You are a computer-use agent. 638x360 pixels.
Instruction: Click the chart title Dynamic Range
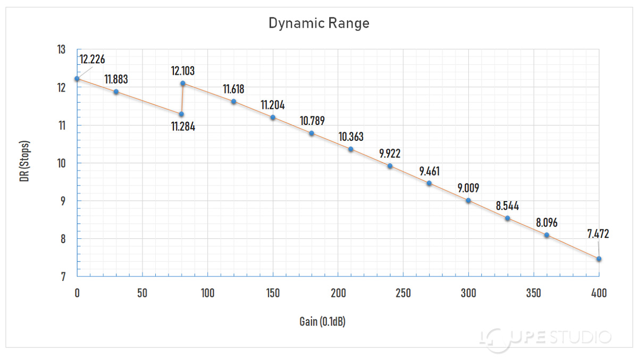click(x=318, y=24)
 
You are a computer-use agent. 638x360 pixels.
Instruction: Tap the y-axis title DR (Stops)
click(x=24, y=162)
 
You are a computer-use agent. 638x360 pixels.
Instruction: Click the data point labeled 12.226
click(x=77, y=79)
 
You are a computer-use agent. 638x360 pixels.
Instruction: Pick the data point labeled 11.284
click(x=181, y=114)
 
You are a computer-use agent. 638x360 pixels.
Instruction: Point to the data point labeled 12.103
click(x=183, y=83)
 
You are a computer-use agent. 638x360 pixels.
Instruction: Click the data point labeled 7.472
click(x=599, y=259)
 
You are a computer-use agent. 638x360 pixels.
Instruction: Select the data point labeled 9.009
click(x=468, y=200)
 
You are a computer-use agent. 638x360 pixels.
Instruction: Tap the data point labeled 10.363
click(x=351, y=149)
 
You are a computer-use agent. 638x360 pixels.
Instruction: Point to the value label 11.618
click(x=233, y=89)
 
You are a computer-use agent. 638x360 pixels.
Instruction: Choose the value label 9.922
click(x=390, y=154)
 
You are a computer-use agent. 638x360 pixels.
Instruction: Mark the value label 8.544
click(x=507, y=206)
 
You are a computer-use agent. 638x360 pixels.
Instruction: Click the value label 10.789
click(x=312, y=121)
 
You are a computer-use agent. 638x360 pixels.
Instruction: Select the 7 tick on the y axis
click(x=63, y=277)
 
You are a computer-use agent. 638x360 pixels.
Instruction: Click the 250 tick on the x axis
click(x=403, y=293)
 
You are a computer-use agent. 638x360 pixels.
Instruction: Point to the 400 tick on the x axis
click(x=599, y=293)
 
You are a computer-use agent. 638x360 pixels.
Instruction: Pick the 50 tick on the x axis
click(x=142, y=293)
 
